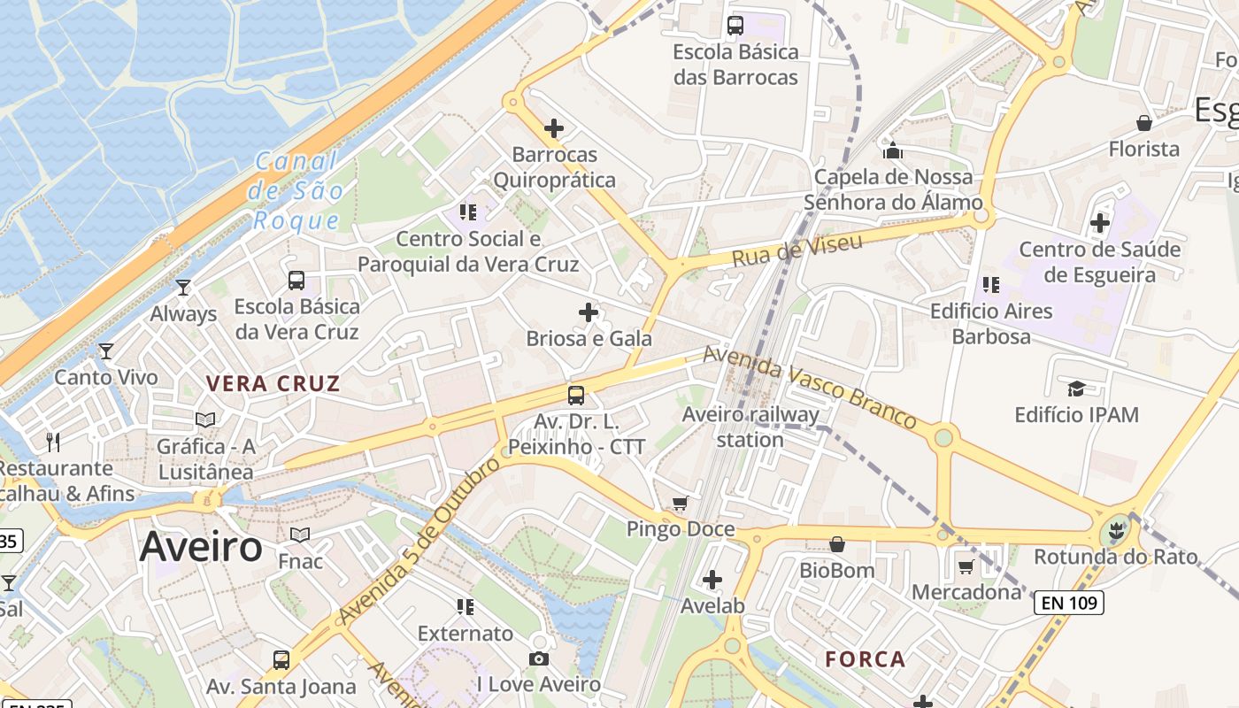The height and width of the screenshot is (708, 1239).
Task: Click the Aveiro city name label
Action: [x=201, y=547]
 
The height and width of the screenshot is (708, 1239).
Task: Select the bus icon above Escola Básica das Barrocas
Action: [x=735, y=25]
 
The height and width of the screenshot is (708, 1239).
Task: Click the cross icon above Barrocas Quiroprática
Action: [x=554, y=128]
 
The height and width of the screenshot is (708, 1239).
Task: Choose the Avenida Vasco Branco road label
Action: [x=809, y=387]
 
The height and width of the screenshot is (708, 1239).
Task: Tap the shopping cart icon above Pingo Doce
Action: [x=680, y=504]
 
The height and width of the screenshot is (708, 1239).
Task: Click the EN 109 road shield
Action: [x=1069, y=604]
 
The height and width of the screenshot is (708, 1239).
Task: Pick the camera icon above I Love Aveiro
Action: [x=538, y=658]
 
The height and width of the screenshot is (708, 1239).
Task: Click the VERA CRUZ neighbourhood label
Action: [x=273, y=383]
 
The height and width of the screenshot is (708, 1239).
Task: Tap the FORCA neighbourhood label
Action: [x=865, y=658]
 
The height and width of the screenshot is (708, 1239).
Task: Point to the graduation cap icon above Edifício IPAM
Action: [x=1076, y=389]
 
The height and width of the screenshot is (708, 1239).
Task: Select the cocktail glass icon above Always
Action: [x=183, y=288]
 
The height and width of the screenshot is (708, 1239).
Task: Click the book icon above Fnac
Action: [x=300, y=535]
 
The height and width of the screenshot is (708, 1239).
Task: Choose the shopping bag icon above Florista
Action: [x=1144, y=123]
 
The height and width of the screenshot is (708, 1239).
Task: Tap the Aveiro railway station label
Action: [x=750, y=427]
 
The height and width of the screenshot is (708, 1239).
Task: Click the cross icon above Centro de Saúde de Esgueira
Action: [x=1100, y=223]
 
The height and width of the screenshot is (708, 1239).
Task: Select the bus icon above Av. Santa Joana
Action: [x=281, y=659]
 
